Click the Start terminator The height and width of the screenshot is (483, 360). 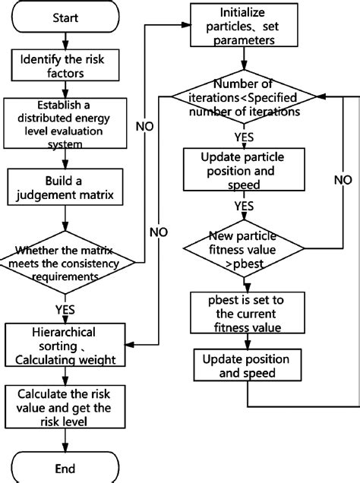64,17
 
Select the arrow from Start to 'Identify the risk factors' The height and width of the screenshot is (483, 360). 64,40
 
